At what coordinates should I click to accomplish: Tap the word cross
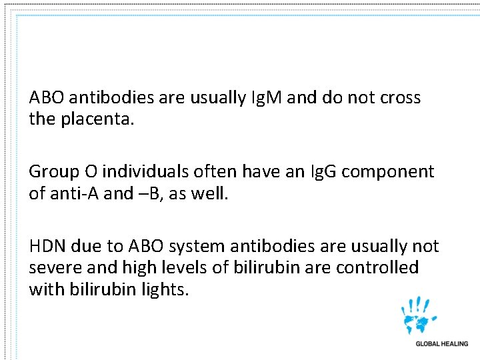400,98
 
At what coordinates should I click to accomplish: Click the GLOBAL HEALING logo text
441,344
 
